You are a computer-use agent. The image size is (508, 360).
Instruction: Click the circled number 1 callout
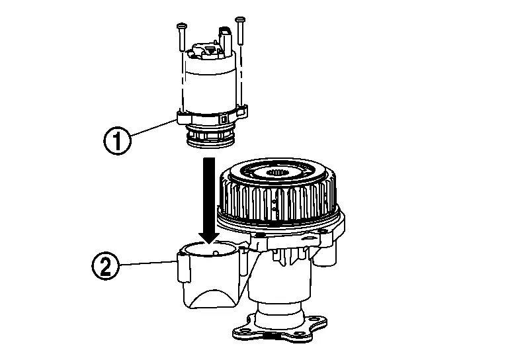[x=117, y=141]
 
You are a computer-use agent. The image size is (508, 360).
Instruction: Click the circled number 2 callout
[x=106, y=266]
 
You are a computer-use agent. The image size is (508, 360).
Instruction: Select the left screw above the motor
[x=181, y=36]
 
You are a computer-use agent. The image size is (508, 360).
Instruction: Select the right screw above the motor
[x=240, y=31]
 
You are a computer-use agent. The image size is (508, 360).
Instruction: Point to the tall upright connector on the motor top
[x=226, y=42]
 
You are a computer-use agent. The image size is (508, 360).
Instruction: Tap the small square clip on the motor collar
[x=223, y=118]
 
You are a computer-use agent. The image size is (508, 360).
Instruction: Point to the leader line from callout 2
[x=148, y=263]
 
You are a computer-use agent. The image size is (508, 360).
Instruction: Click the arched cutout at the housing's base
[x=212, y=298]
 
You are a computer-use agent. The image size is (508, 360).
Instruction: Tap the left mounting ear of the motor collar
[x=183, y=117]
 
